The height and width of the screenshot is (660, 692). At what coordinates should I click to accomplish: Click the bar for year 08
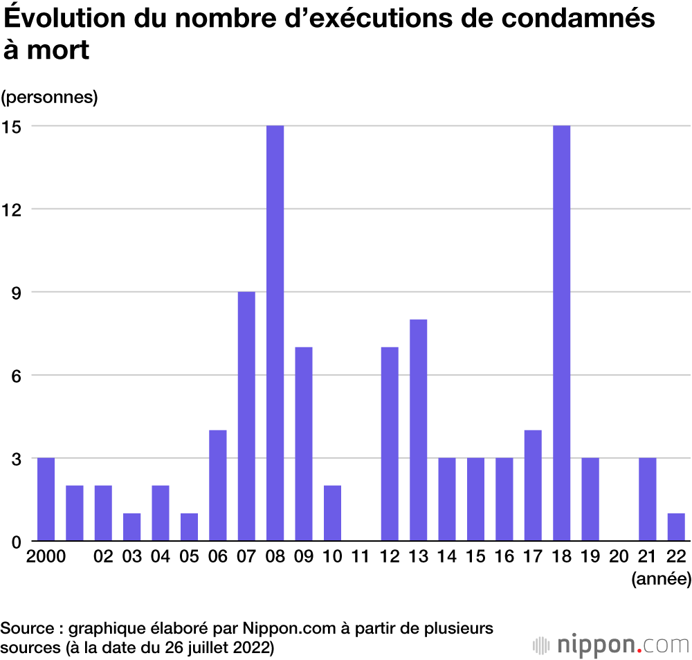pyautogui.click(x=275, y=333)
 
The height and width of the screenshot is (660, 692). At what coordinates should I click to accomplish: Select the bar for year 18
pyautogui.click(x=561, y=333)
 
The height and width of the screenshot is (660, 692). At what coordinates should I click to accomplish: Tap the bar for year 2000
pyautogui.click(x=46, y=499)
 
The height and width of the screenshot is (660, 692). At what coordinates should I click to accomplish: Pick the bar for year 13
pyautogui.click(x=418, y=430)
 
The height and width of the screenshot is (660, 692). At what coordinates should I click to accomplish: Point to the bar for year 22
pyautogui.click(x=676, y=526)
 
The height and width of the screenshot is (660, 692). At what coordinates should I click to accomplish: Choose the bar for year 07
pyautogui.click(x=246, y=416)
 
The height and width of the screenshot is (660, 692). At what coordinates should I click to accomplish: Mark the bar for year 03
pyautogui.click(x=131, y=526)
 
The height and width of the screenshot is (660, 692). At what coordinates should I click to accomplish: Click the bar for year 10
pyautogui.click(x=332, y=513)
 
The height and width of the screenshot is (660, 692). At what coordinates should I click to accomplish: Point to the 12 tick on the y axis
pyautogui.click(x=12, y=210)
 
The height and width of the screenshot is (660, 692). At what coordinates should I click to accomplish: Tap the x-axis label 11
pyautogui.click(x=360, y=558)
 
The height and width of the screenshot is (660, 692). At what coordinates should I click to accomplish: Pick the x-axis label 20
pyautogui.click(x=618, y=558)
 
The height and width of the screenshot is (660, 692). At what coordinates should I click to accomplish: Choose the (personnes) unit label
pyautogui.click(x=49, y=97)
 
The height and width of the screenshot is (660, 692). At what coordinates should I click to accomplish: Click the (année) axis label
pyautogui.click(x=661, y=579)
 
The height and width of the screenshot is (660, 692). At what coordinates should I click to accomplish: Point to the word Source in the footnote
pyautogui.click(x=27, y=628)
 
